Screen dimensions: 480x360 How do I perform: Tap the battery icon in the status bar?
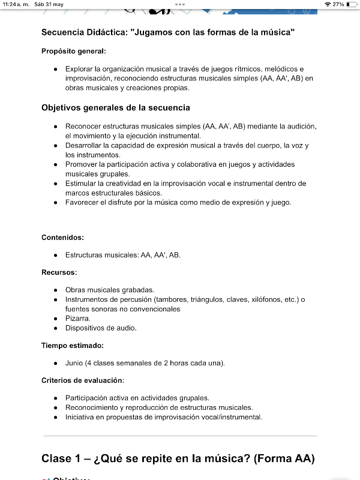(352, 4)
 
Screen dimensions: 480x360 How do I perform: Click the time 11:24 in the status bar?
(11, 4)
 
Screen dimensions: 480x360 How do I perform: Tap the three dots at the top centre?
(180, 4)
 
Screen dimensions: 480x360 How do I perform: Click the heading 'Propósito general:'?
(74, 51)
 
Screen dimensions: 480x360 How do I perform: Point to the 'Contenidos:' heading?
(62, 238)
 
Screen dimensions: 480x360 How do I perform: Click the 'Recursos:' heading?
(59, 272)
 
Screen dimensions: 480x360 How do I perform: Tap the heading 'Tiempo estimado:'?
(73, 346)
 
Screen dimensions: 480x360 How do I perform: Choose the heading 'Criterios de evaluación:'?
(83, 380)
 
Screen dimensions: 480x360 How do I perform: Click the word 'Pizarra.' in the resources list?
(78, 319)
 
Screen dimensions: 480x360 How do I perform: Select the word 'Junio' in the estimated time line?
(74, 363)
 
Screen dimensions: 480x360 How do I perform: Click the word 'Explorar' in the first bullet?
(80, 69)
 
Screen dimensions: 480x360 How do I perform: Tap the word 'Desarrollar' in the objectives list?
(83, 146)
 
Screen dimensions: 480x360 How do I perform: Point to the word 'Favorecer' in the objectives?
(82, 202)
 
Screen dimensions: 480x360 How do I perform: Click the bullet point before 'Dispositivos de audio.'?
(56, 328)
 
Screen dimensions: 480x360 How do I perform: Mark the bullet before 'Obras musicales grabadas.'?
(56, 290)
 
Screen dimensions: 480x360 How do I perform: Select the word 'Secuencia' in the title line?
(64, 32)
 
